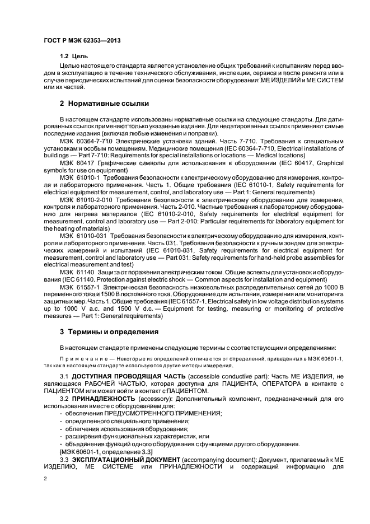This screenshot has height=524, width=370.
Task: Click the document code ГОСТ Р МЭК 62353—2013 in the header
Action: tap(82, 41)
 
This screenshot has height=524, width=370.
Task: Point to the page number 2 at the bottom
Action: tap(45, 479)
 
